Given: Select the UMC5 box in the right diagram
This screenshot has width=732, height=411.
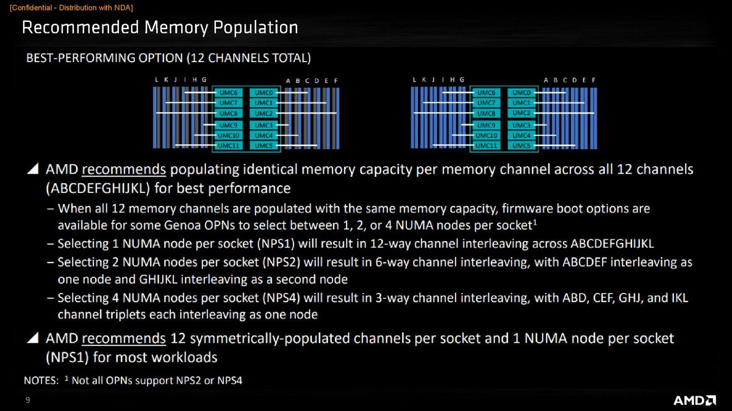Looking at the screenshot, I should pyautogui.click(x=521, y=146).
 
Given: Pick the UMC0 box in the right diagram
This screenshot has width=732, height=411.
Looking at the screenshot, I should pyautogui.click(x=521, y=93).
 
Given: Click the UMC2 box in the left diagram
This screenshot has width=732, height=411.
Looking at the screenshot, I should pyautogui.click(x=264, y=113).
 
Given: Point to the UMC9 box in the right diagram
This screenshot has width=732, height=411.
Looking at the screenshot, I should pyautogui.click(x=486, y=125).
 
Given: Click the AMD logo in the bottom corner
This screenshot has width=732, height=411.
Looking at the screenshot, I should pyautogui.click(x=694, y=400).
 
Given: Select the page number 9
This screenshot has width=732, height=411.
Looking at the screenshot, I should pyautogui.click(x=27, y=399).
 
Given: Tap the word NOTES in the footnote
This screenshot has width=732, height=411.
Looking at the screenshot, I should pyautogui.click(x=40, y=381).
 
